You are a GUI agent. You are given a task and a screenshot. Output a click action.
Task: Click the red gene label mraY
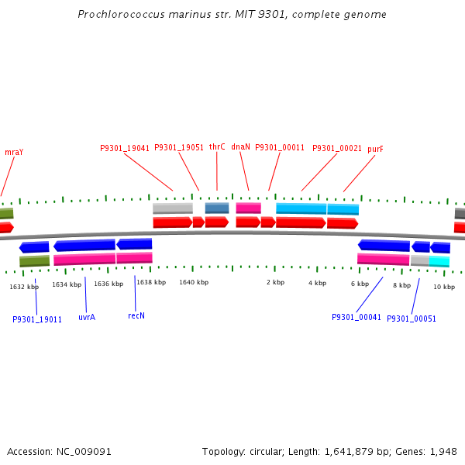click(x=14, y=152)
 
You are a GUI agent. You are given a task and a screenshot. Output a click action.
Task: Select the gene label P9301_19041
click(x=125, y=148)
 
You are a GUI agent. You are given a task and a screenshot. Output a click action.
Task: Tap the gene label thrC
click(x=217, y=147)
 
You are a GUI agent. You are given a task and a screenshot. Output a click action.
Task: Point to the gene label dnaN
click(x=240, y=147)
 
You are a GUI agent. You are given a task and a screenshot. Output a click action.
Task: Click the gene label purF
click(x=375, y=148)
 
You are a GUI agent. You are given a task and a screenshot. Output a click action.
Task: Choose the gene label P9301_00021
click(x=337, y=148)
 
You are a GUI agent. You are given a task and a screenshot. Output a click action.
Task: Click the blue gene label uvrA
click(x=87, y=317)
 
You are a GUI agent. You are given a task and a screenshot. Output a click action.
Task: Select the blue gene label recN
click(x=136, y=315)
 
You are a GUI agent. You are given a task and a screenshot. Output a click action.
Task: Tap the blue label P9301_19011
click(x=37, y=319)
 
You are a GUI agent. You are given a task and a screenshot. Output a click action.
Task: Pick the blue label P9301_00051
click(x=412, y=319)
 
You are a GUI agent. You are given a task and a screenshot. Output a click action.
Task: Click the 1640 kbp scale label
click(x=194, y=283)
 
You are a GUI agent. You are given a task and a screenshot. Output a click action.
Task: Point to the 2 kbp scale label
click(x=275, y=283)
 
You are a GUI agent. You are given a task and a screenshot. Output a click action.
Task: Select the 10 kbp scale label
click(x=444, y=287)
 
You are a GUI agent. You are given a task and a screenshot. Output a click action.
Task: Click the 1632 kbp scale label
click(x=24, y=287)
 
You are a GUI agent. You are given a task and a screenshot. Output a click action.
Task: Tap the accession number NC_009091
click(x=86, y=451)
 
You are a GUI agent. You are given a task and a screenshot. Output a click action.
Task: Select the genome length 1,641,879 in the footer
click(x=351, y=451)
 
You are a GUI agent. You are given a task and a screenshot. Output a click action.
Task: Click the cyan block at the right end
click(x=439, y=261)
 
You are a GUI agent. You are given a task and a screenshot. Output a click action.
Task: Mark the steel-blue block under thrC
click(x=217, y=208)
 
